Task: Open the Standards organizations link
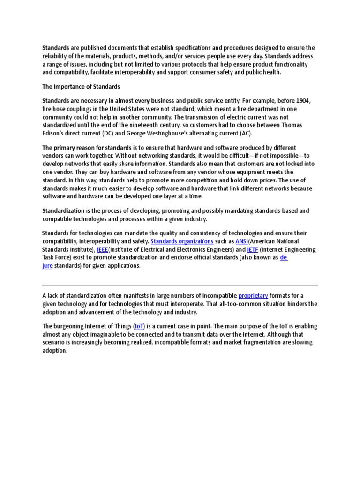[182, 241]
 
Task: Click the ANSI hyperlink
[241, 241]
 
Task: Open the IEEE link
[102, 249]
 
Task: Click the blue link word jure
[47, 265]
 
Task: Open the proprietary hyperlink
[253, 295]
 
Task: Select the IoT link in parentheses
[140, 326]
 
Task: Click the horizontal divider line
[180, 285]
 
